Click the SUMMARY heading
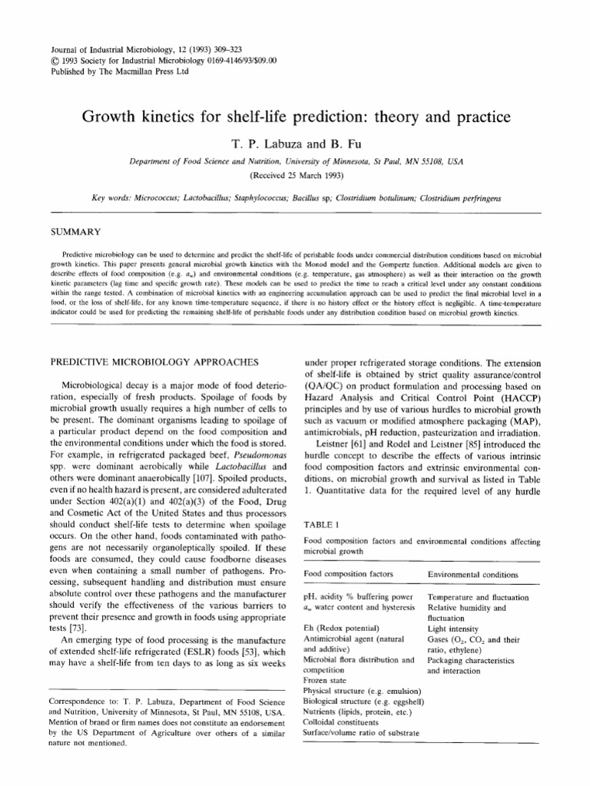(x=75, y=230)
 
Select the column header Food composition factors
(x=349, y=573)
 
